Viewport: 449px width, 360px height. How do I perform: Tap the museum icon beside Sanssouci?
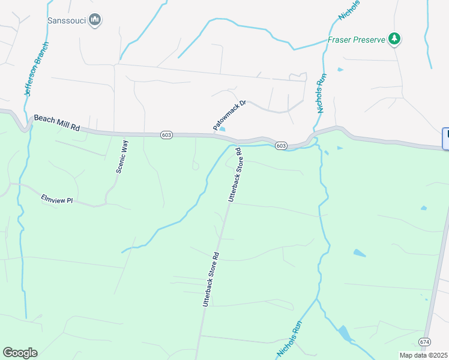[94, 20]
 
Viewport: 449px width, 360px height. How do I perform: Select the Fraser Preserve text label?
[356, 40]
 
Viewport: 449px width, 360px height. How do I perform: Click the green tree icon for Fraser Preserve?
[394, 40]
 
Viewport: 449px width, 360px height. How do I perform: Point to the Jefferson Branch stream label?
[36, 70]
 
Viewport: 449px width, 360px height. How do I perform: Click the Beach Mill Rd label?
[57, 124]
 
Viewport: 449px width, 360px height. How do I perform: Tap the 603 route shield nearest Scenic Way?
[166, 135]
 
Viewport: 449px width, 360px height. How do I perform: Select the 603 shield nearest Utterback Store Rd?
[281, 146]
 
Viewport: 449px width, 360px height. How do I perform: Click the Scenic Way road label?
[122, 156]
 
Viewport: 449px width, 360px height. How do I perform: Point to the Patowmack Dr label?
[230, 115]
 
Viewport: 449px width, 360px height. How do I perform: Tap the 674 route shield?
[425, 341]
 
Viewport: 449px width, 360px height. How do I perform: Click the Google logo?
[20, 353]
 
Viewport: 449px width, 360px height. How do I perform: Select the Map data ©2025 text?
[423, 355]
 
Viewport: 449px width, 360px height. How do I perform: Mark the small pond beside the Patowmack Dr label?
[223, 128]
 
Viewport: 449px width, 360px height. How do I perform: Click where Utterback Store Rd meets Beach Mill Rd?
[241, 143]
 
